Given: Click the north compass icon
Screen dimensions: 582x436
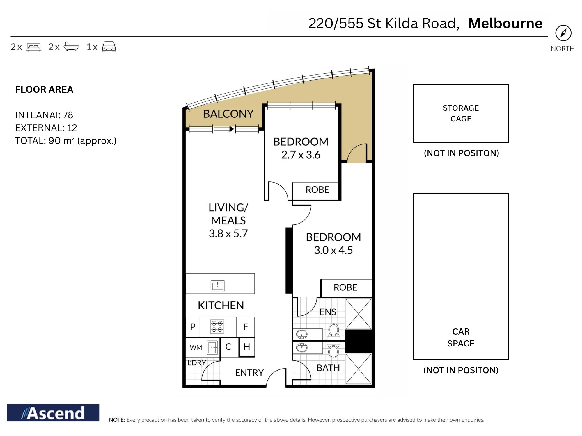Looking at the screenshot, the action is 563,33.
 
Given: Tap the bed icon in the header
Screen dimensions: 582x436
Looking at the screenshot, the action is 33,47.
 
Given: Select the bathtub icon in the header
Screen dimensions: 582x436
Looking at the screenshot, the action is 71,47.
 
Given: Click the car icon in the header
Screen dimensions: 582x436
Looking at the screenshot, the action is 109,47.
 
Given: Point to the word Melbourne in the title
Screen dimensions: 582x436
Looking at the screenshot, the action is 505,23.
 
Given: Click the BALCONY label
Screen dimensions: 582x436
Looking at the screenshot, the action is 228,114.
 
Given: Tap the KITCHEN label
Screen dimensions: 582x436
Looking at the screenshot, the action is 221,305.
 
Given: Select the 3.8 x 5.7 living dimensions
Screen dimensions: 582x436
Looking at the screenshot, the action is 228,233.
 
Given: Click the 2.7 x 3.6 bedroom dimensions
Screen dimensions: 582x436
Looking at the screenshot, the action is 301,155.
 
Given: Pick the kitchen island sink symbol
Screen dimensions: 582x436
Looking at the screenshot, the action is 218,286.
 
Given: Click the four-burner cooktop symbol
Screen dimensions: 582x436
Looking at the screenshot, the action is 217,326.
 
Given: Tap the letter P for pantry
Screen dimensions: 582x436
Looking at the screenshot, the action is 193,327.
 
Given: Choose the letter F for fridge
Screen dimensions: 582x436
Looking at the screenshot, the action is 246,327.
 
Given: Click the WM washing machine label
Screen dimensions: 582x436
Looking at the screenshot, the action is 196,348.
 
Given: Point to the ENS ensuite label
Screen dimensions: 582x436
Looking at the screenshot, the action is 328,312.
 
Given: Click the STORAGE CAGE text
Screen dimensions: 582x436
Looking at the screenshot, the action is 461,113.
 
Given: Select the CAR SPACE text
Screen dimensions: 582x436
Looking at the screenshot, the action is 461,337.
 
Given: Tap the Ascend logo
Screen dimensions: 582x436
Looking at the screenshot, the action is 53,413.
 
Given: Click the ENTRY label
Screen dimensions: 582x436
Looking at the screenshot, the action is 249,373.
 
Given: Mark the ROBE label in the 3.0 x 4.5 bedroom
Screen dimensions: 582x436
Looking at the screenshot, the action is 345,287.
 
